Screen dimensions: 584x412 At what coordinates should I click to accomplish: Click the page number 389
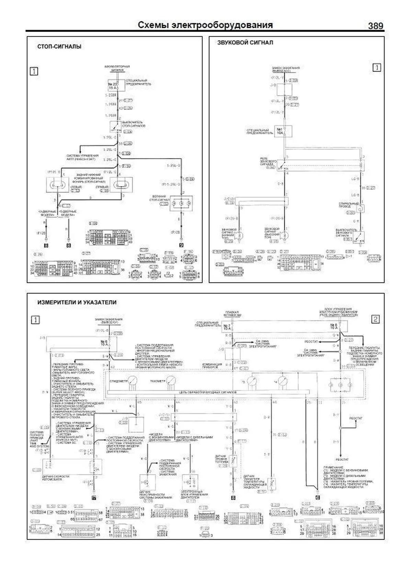[375, 26]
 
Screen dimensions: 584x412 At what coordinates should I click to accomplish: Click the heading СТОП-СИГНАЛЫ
[59, 46]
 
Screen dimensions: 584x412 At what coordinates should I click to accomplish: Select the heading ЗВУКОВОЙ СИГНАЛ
[245, 43]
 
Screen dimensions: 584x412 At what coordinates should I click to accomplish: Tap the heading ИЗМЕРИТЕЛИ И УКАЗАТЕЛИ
[77, 302]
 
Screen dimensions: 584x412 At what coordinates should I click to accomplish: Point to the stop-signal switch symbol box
[115, 127]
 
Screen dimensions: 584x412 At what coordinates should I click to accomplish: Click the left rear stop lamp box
[58, 185]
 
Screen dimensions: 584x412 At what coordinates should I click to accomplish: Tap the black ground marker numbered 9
[181, 245]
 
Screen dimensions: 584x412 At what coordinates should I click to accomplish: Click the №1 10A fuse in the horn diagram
[284, 131]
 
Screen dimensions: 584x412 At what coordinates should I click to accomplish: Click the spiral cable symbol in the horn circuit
[360, 208]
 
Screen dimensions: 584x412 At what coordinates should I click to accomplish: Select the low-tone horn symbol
[240, 235]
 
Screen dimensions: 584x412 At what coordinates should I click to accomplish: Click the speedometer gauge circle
[132, 381]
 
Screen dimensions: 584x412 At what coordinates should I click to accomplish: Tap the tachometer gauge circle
[171, 381]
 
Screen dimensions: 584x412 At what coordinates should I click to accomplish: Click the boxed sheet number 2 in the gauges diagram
[375, 319]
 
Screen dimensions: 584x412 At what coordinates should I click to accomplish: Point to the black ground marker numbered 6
[318, 497]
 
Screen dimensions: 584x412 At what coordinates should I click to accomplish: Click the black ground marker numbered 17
[93, 497]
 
